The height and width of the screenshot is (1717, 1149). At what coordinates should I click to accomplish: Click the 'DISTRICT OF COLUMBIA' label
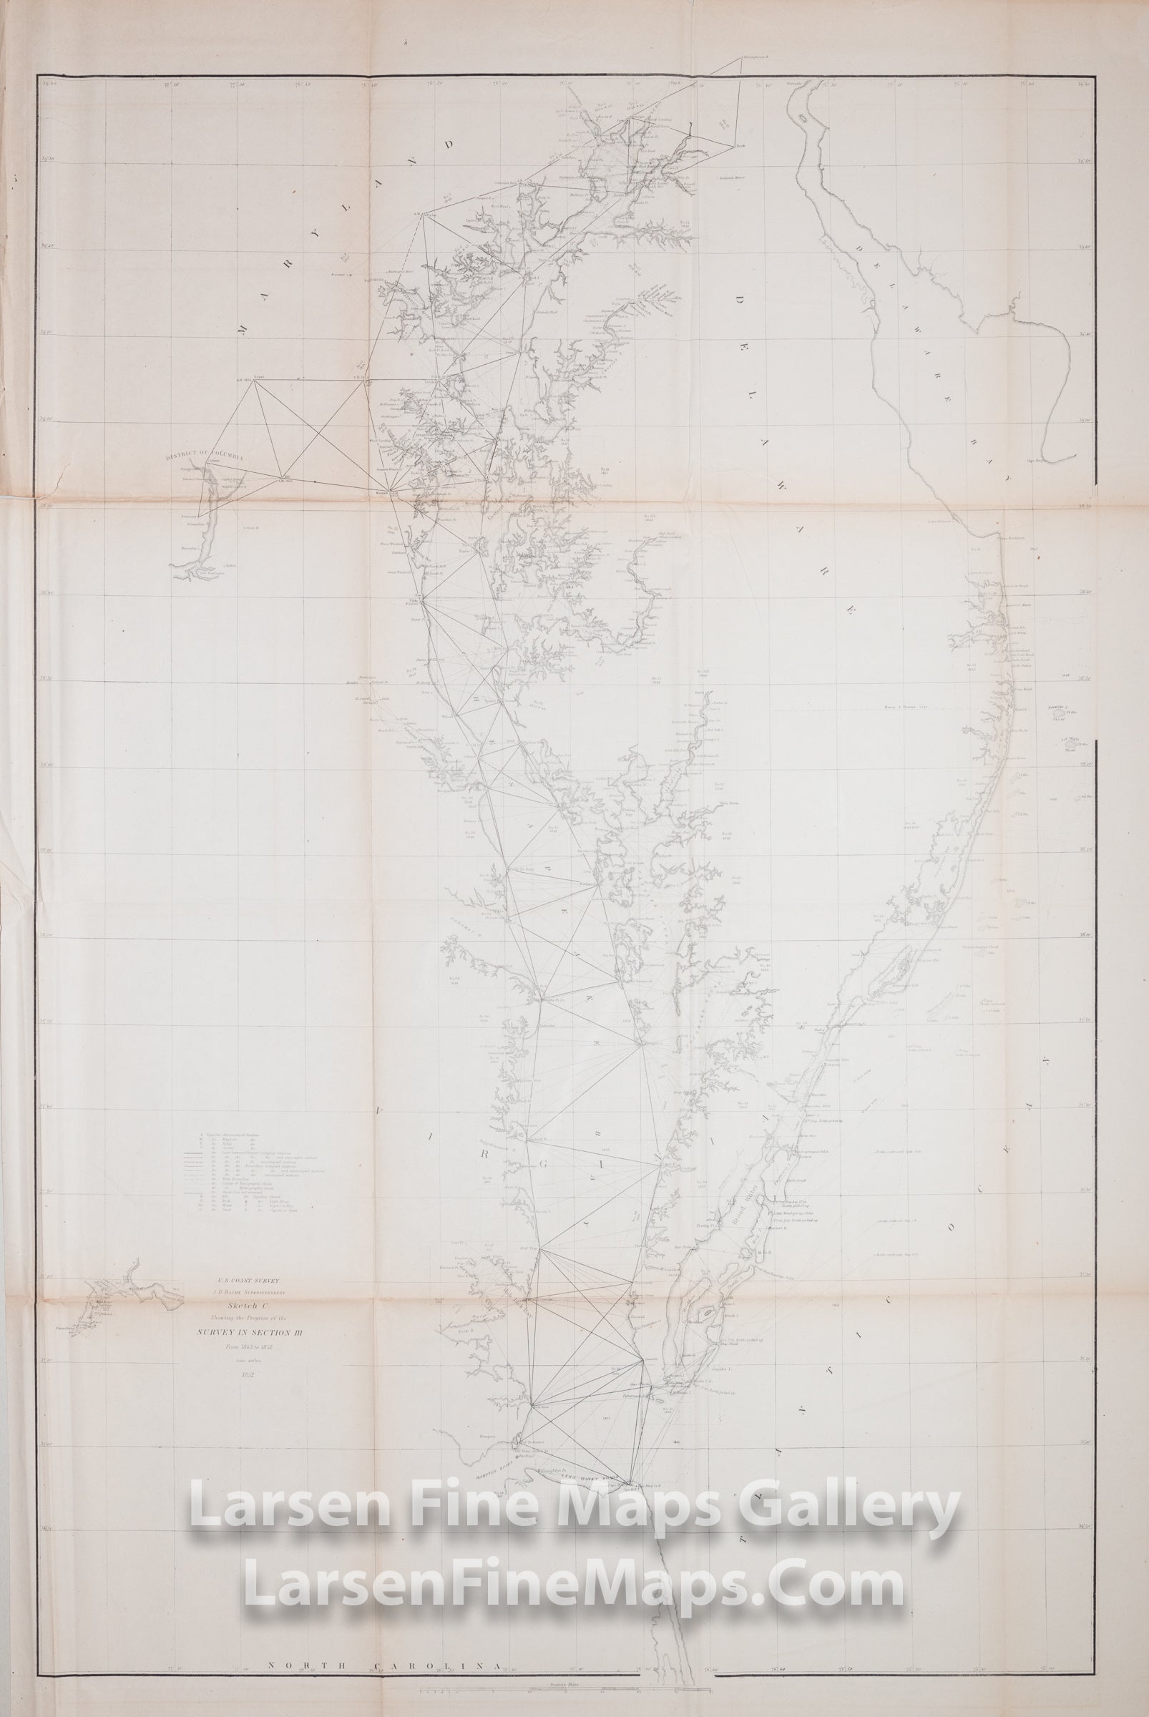[x=205, y=456]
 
